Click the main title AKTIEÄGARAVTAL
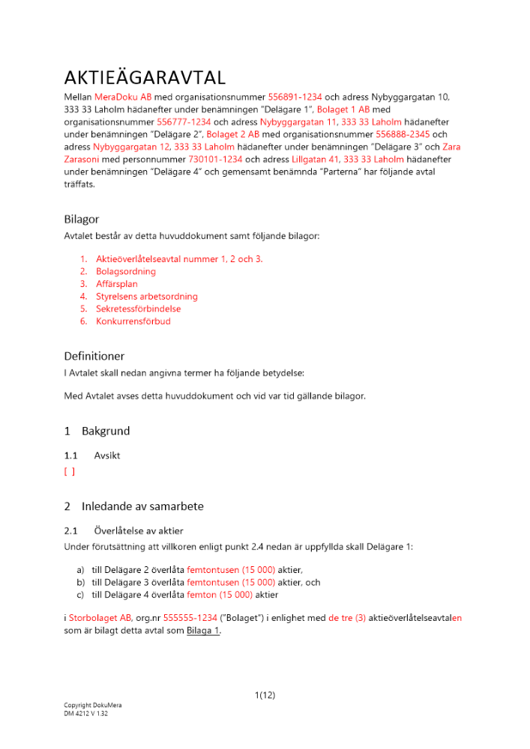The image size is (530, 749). (x=145, y=79)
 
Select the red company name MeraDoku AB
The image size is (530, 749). (x=123, y=97)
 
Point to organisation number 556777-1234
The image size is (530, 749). (x=184, y=121)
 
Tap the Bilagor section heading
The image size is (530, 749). (x=81, y=219)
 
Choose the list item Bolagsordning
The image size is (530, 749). (x=125, y=272)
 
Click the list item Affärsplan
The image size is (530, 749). (x=116, y=285)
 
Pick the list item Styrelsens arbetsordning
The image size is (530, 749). (x=146, y=297)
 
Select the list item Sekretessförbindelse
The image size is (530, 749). (x=138, y=309)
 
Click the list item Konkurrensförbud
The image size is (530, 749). (x=133, y=321)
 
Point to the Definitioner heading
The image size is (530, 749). (x=94, y=357)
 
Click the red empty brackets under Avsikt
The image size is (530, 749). (x=69, y=472)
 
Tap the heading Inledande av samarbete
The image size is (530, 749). (x=142, y=506)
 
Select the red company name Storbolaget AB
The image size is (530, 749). (x=100, y=618)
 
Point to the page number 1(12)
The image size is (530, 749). (x=265, y=695)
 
